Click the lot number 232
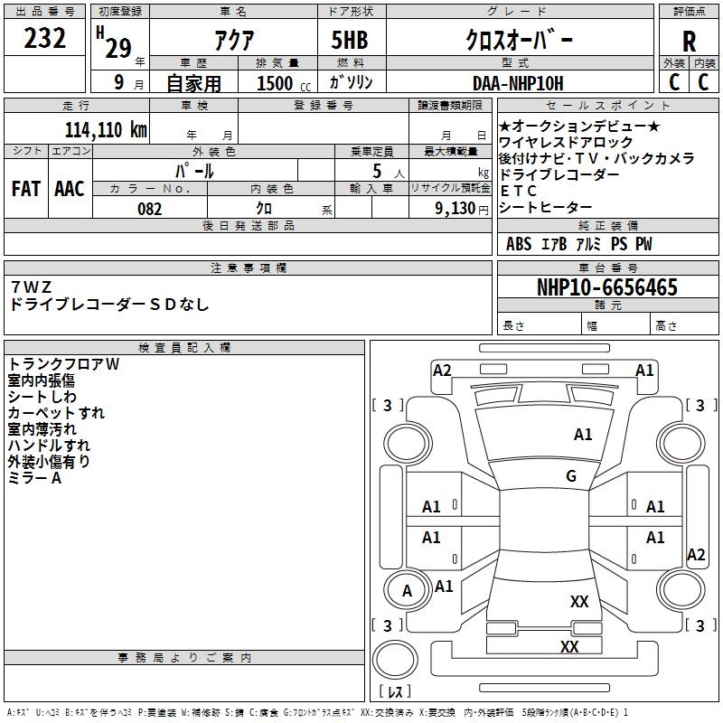click(x=44, y=38)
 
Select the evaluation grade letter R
click(x=689, y=42)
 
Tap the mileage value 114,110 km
click(x=106, y=129)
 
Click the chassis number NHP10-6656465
click(x=607, y=286)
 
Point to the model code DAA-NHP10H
click(x=518, y=83)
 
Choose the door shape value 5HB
click(x=350, y=40)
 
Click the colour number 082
click(x=149, y=209)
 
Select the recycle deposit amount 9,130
click(x=455, y=209)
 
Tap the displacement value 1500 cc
click(x=284, y=83)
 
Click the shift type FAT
click(x=26, y=189)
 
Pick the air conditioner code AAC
click(x=70, y=189)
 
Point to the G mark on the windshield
click(x=571, y=475)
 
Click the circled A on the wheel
click(x=407, y=591)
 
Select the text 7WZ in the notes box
click(x=31, y=286)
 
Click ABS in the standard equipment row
click(x=519, y=244)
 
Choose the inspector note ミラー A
click(x=34, y=478)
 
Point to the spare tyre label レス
click(x=395, y=691)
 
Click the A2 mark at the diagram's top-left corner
click(x=442, y=371)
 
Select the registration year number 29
click(x=118, y=48)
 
